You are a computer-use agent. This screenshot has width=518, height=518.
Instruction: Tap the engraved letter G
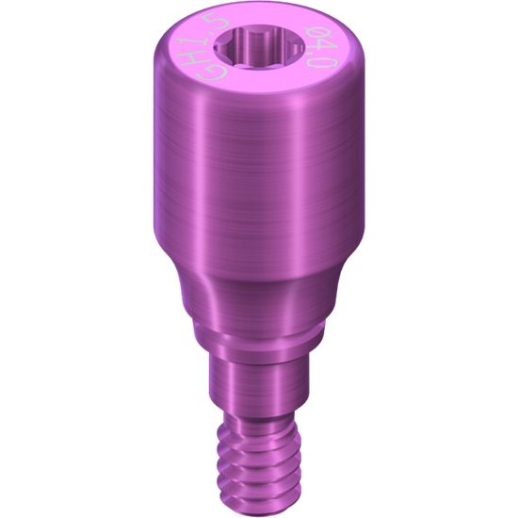[x=211, y=73]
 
